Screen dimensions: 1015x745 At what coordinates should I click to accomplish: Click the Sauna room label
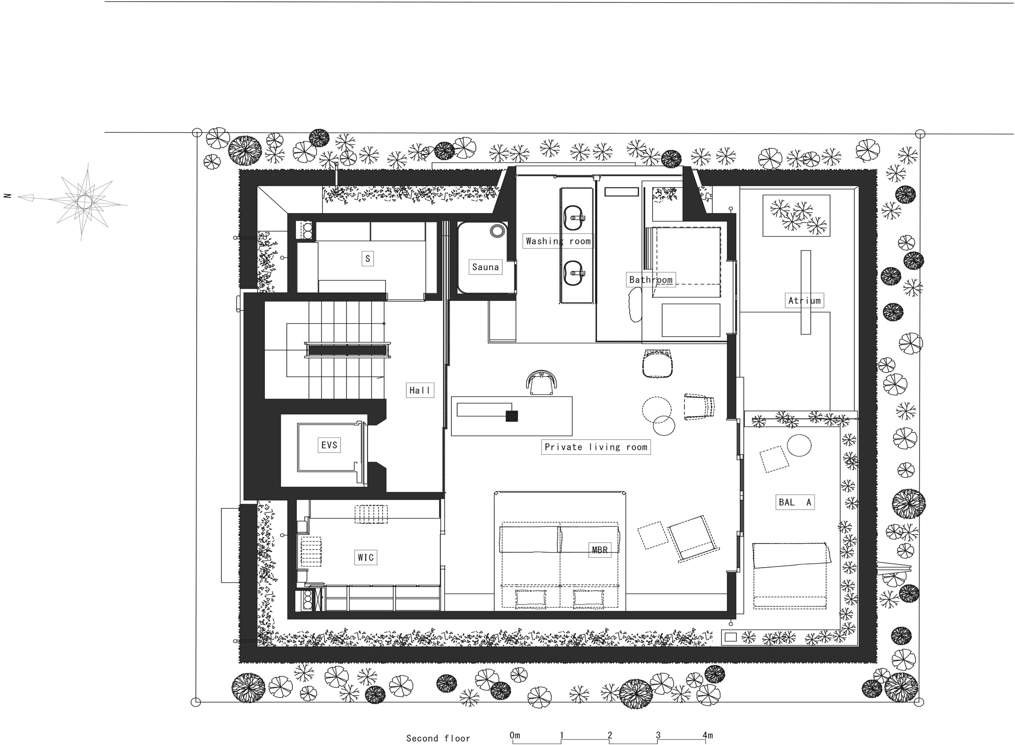coord(485,267)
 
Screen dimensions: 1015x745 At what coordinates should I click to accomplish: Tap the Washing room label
coord(558,241)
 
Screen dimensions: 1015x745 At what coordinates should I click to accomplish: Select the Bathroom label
coord(650,280)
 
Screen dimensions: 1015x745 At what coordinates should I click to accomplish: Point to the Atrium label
coord(805,300)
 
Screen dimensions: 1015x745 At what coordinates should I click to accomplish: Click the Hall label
coord(420,390)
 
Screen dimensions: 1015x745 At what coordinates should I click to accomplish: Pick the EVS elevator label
coord(329,445)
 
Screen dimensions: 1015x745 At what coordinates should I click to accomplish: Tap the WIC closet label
coord(366,557)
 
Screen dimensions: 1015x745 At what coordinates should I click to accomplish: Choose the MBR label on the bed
coord(600,550)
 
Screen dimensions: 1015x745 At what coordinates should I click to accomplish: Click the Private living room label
coord(596,447)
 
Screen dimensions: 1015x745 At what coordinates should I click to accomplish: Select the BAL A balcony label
coord(795,502)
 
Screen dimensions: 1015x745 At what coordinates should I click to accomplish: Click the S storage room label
coord(368,258)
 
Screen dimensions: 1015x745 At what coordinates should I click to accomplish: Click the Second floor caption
coord(438,738)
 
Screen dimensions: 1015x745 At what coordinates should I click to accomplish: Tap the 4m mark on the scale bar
coord(707,736)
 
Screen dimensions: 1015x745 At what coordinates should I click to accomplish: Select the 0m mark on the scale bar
coord(514,735)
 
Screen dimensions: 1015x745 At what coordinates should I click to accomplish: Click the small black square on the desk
coord(511,416)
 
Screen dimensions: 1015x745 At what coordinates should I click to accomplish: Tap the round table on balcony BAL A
coord(799,446)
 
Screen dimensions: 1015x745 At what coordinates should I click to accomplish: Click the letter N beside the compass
coord(7,196)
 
